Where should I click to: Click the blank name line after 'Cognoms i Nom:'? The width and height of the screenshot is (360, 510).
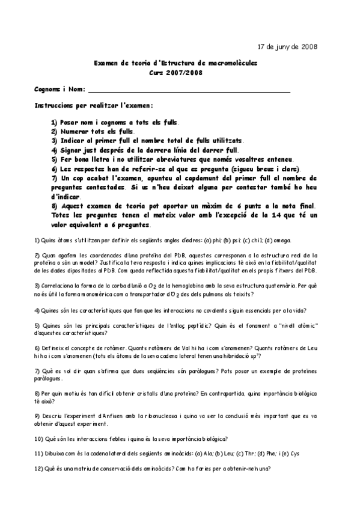pyautogui.click(x=189, y=90)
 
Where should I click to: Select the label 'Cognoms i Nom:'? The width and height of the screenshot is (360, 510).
pyautogui.click(x=59, y=90)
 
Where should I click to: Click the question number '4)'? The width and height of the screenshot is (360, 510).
pyautogui.click(x=37, y=310)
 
